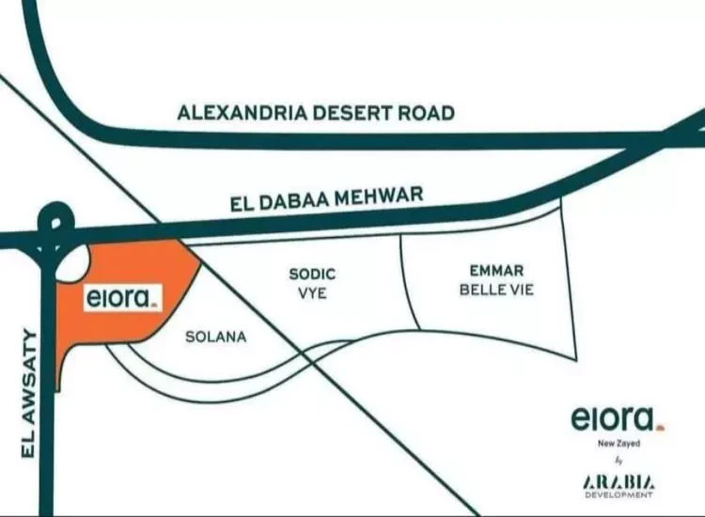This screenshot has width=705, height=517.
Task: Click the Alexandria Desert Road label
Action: tap(316, 114)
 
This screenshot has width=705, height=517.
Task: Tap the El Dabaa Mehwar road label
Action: tap(326, 199)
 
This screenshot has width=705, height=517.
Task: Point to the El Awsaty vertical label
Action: tap(27, 393)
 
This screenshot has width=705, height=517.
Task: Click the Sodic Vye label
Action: tap(311, 282)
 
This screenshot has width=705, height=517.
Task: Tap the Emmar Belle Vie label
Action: tap(496, 280)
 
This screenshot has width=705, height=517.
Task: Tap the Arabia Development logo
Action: tap(618, 485)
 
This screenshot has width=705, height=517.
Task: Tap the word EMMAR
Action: tap(496, 271)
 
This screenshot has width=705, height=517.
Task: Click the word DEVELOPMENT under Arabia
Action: tap(618, 495)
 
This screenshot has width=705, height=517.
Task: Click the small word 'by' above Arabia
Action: tap(618, 461)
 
